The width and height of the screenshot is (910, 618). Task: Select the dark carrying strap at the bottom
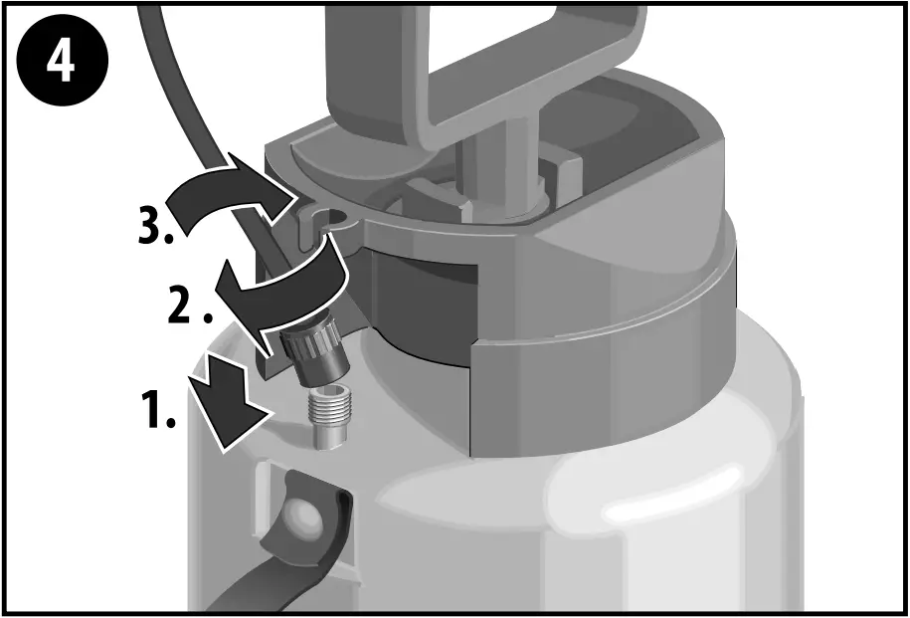[269, 572]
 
